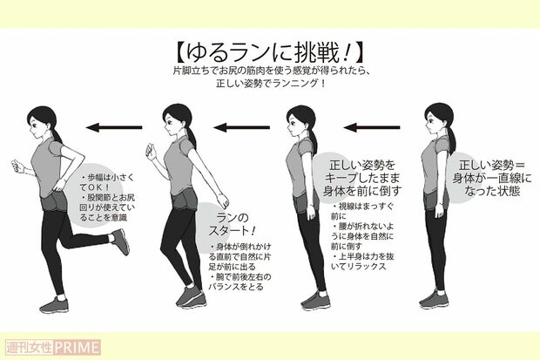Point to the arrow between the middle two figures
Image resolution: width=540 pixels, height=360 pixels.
243,127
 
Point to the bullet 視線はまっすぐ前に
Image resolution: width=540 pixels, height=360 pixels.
363,214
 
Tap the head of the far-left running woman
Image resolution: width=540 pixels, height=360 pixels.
43,120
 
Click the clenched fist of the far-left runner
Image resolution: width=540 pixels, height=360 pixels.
15,166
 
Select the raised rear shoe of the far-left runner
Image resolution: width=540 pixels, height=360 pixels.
120,241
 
